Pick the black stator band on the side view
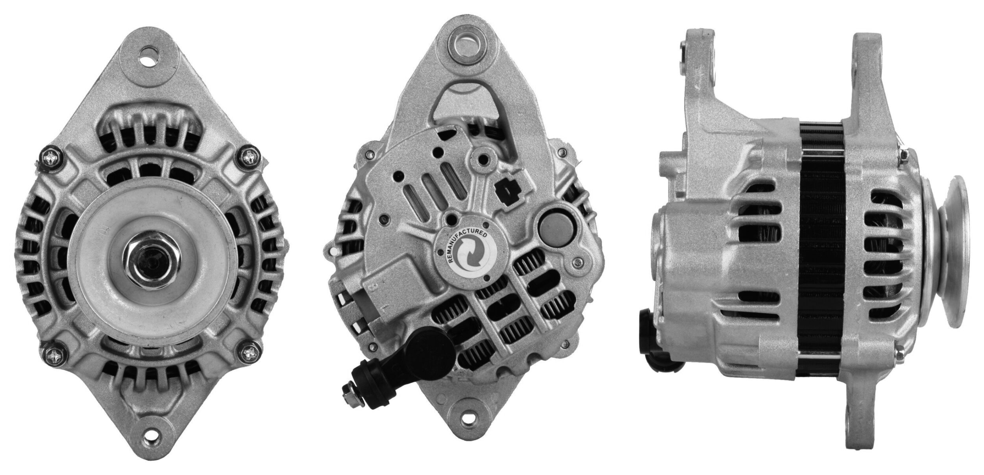click(x=821, y=244)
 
